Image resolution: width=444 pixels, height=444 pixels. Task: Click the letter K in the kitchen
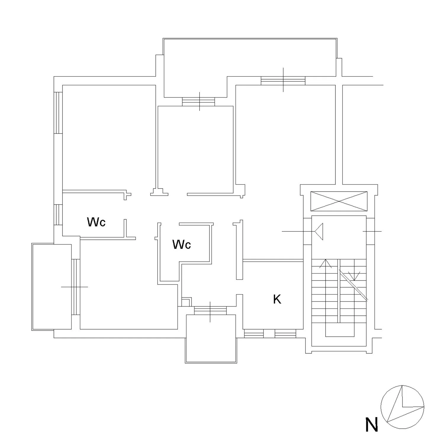[277, 299]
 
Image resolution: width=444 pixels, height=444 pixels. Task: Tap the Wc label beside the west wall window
[96, 222]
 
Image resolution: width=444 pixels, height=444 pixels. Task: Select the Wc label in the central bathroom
[181, 244]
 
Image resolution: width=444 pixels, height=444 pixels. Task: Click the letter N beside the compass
[371, 425]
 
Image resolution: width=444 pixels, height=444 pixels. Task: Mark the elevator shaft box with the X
[339, 201]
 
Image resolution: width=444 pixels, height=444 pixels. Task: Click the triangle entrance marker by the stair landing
[319, 231]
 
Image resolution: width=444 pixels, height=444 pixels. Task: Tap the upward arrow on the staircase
[326, 263]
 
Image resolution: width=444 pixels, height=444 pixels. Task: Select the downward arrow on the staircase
[354, 276]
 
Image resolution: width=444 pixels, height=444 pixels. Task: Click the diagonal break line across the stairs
[353, 286]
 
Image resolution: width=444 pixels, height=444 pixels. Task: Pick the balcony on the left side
[52, 287]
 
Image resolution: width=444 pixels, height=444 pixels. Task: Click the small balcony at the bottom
[211, 339]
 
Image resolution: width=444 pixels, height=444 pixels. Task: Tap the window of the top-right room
[283, 81]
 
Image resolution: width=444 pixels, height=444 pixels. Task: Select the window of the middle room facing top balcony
[198, 102]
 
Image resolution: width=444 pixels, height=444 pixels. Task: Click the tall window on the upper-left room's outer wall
[58, 113]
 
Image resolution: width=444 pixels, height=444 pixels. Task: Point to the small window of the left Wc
[58, 215]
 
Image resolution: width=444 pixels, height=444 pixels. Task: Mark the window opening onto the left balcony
[76, 287]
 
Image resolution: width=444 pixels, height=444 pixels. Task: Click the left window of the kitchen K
[254, 333]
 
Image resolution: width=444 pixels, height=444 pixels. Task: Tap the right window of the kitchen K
[285, 333]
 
